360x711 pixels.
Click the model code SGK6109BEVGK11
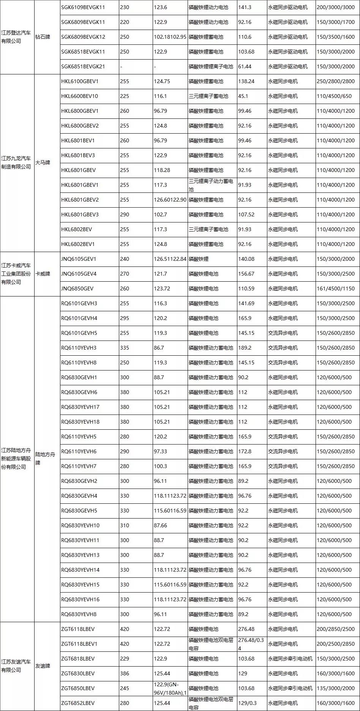83,7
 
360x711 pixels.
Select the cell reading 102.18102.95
170,37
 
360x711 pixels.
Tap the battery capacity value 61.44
245,66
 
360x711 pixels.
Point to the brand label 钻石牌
43,37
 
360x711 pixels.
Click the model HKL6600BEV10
79,96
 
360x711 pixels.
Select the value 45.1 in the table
243,96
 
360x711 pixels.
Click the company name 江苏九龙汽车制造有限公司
16,162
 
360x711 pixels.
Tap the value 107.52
246,214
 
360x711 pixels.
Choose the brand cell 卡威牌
43,274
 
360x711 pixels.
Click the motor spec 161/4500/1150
335,288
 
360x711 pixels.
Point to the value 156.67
246,274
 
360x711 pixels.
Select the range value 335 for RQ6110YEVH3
125,348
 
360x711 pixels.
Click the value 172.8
245,451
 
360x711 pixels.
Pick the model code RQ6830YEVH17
80,407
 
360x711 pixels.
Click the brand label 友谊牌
43,666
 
